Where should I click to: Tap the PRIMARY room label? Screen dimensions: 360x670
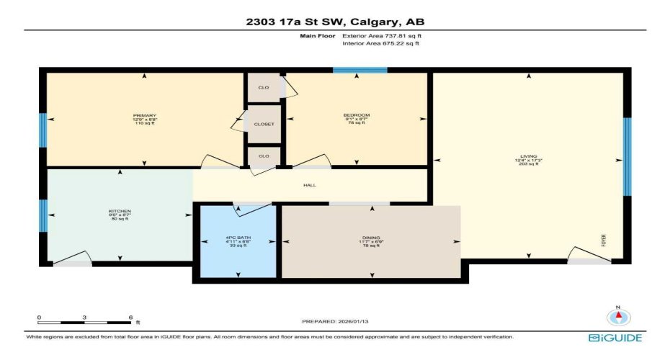click(145, 115)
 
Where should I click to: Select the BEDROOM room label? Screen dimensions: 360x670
click(357, 115)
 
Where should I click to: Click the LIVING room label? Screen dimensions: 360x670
click(530, 156)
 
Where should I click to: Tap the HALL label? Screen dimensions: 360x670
click(310, 185)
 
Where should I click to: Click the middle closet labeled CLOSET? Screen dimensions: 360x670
click(262, 124)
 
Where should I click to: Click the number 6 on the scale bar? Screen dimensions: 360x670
click(130, 317)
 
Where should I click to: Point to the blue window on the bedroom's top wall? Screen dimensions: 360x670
click(359, 70)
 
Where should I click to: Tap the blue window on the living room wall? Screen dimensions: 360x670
click(627, 156)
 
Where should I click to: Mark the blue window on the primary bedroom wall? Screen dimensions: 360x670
click(43, 130)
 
